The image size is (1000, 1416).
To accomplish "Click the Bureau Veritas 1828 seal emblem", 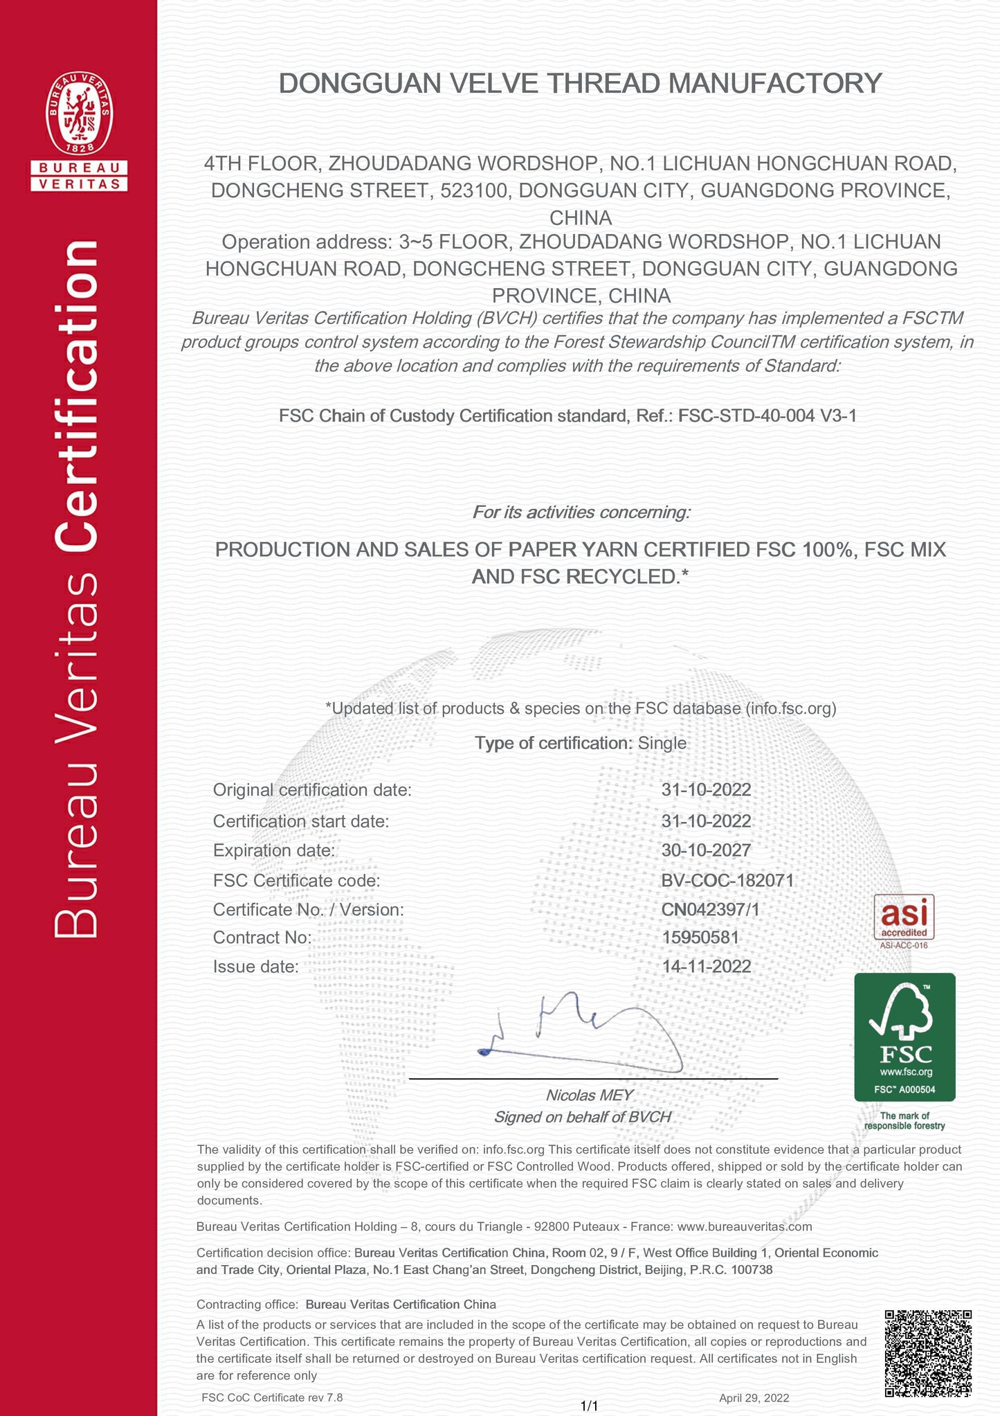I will click(x=79, y=115).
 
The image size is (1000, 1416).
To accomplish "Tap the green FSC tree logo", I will click(x=904, y=1036).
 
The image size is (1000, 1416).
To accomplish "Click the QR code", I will click(x=928, y=1352).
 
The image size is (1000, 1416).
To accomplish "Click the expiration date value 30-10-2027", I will click(x=706, y=850).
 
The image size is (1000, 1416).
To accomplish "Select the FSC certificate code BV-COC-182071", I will click(x=727, y=881).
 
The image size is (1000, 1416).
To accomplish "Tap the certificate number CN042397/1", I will click(x=710, y=909).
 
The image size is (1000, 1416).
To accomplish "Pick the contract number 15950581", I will click(x=700, y=938).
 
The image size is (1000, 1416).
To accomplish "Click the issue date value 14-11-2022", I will click(x=706, y=967).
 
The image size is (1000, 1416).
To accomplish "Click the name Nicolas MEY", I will click(x=589, y=1095).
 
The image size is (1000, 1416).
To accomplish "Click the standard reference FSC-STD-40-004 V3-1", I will click(x=767, y=415).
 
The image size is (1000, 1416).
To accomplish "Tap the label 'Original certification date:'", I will click(x=312, y=790).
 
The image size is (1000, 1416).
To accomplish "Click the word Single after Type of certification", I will click(x=662, y=744).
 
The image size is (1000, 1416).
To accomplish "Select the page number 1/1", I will click(x=589, y=1406).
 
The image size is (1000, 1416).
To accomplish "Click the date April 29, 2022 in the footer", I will click(x=754, y=1397).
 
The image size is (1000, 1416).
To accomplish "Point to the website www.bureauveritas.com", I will click(x=744, y=1226).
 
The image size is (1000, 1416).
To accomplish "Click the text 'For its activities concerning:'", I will click(x=581, y=512).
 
